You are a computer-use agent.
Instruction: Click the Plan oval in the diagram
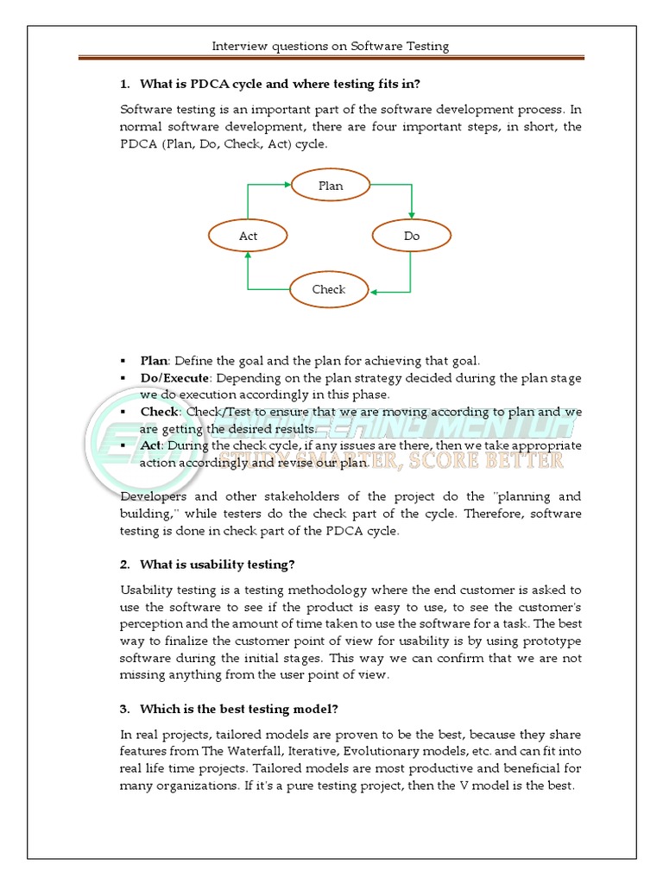[331, 186]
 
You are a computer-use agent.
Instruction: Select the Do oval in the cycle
[411, 236]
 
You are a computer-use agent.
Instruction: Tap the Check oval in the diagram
[329, 289]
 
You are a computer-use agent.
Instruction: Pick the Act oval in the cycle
[248, 236]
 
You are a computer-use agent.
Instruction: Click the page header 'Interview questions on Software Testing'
[331, 46]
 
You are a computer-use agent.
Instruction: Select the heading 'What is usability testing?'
[217, 565]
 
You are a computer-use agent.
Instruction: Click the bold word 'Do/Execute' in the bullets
[174, 378]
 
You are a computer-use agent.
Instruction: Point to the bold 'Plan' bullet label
[154, 361]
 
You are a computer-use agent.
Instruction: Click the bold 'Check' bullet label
[160, 412]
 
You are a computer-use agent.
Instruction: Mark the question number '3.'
[125, 709]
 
